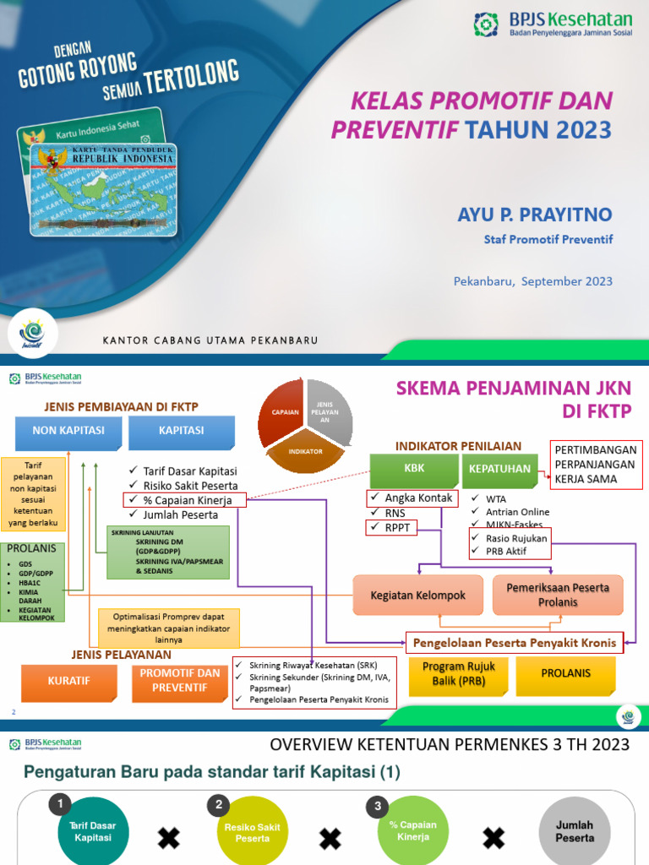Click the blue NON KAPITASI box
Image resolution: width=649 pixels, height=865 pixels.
coord(68,432)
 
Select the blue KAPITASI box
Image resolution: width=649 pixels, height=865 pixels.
coord(182,432)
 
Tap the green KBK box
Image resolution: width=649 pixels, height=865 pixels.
coord(413,470)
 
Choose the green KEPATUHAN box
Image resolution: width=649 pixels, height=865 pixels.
coord(499,470)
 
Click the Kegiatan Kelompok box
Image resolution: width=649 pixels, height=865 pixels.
coord(417,596)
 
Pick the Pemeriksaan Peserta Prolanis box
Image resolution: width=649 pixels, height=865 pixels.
coord(558,595)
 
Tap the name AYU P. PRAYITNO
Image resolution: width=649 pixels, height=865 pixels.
coord(534,215)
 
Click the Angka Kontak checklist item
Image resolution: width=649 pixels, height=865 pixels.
coord(412,498)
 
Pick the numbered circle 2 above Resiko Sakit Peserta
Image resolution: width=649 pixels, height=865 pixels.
coord(220,804)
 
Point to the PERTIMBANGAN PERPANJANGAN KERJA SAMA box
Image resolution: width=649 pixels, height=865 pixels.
coord(597,464)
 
